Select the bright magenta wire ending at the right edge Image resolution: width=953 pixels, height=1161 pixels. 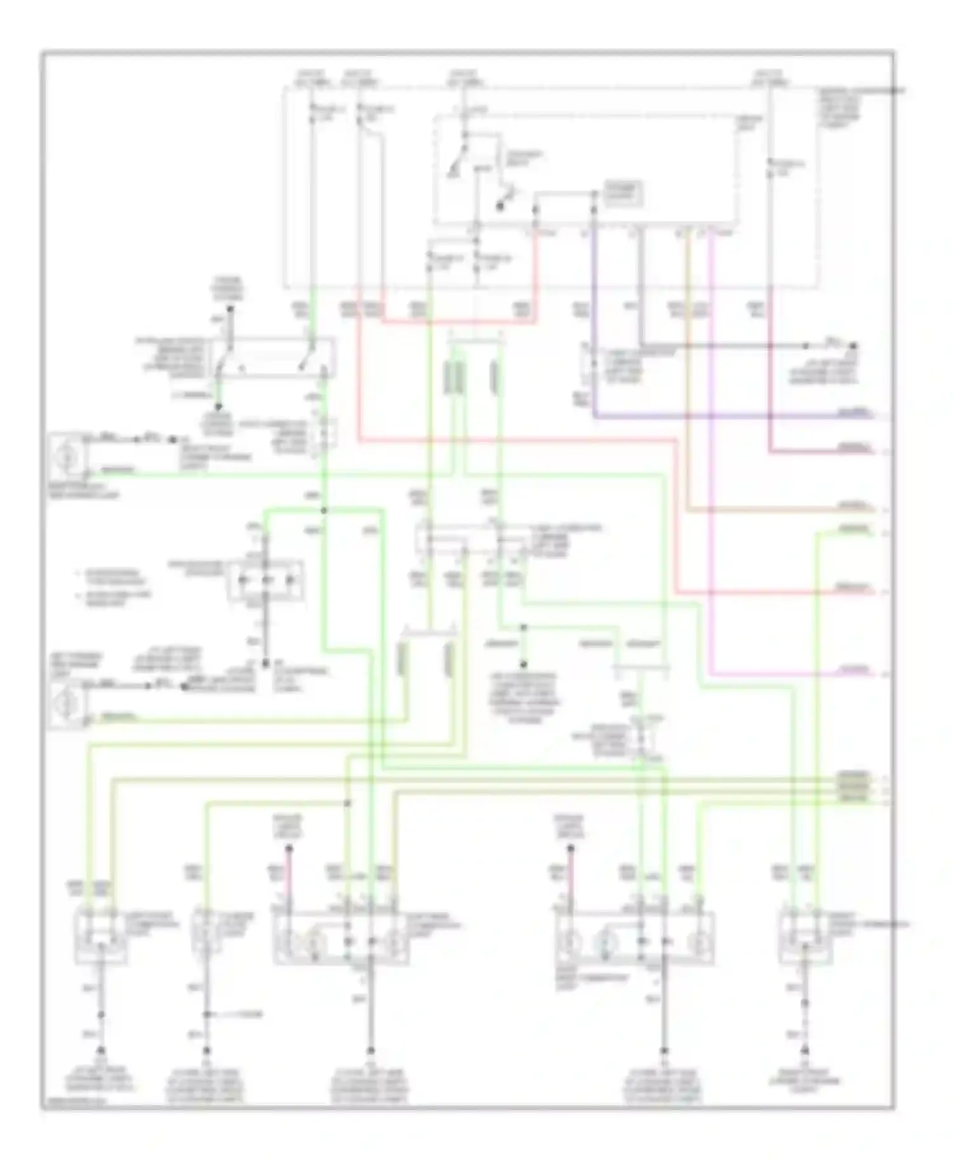[794, 673]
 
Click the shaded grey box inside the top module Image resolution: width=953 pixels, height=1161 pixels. [623, 194]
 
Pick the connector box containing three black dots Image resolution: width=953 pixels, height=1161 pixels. [266, 579]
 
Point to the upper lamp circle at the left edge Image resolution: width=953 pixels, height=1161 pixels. [69, 456]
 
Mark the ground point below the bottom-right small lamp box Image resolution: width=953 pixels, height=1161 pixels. [806, 1051]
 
